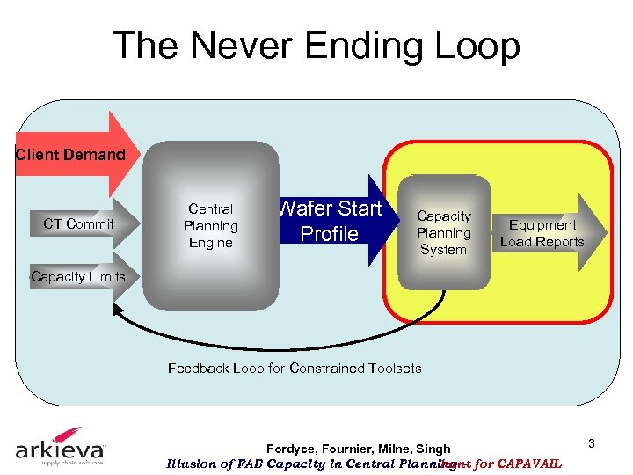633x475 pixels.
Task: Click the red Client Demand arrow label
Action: tap(71, 155)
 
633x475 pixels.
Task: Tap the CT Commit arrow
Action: tap(80, 224)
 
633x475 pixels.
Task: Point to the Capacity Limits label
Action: tap(77, 276)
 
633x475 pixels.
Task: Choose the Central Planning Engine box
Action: tap(210, 226)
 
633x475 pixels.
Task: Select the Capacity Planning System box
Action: tap(443, 233)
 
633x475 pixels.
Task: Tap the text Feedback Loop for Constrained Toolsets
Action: tap(295, 369)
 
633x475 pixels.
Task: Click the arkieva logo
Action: tap(61, 446)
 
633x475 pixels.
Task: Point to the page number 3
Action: tap(592, 443)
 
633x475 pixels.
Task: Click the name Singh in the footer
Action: tap(432, 449)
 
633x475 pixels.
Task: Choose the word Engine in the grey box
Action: tap(210, 243)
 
